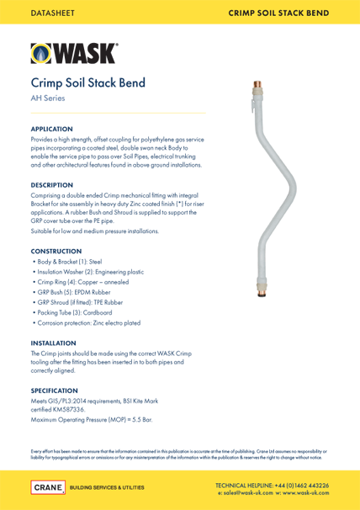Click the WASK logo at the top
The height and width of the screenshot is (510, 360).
coord(74,53)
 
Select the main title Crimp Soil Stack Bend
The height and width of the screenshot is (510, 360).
coord(88,83)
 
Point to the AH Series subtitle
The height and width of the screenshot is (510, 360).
coord(48,99)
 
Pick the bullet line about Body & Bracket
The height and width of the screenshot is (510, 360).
coord(73,263)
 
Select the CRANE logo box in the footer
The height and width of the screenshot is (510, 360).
coord(46,487)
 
